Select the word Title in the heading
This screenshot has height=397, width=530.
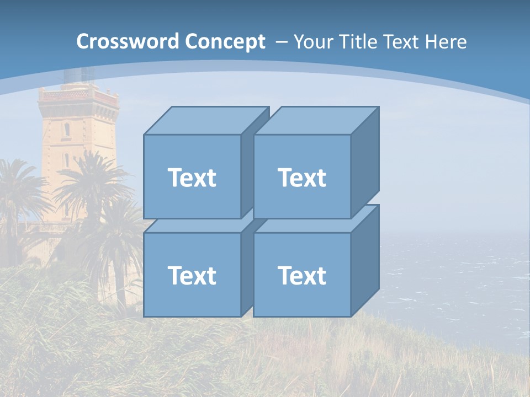[358, 42]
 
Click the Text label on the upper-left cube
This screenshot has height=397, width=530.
[192, 178]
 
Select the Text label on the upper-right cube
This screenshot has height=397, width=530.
[302, 178]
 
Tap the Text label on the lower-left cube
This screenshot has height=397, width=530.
[192, 275]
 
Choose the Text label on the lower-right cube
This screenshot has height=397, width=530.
[302, 275]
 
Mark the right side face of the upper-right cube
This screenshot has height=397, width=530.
[365, 163]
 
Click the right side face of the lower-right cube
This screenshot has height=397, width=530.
[365, 262]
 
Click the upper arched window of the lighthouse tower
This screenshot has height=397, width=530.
[67, 130]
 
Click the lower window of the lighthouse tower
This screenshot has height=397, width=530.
[66, 160]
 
